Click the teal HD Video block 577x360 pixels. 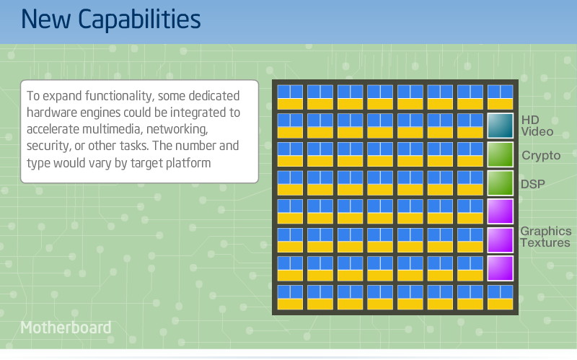[500, 126]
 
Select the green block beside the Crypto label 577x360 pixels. [500, 154]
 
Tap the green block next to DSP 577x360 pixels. [500, 183]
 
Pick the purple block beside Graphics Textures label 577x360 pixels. [500, 240]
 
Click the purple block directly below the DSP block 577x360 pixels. [500, 211]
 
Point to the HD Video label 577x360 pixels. [537, 126]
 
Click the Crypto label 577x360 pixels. [541, 155]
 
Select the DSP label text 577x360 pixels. [533, 184]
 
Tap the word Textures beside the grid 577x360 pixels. [545, 242]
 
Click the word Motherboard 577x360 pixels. [66, 328]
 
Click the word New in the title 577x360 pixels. [46, 19]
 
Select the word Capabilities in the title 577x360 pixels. [139, 20]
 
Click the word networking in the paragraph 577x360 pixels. [177, 130]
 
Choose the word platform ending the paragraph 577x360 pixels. [188, 163]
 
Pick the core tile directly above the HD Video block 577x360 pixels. [500, 97]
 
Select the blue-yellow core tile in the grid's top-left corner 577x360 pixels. [290, 97]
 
